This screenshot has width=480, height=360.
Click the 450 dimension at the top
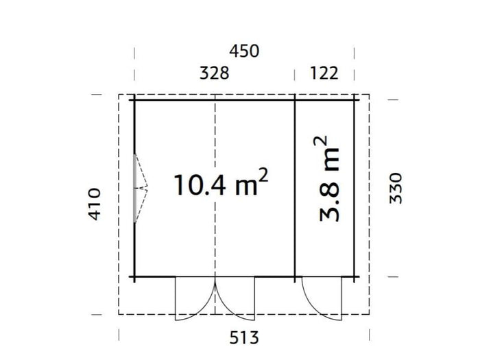pos(245,51)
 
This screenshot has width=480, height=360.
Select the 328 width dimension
pos(214,73)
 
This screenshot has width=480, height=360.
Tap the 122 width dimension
pos(324,73)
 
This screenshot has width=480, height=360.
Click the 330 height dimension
pos(396,187)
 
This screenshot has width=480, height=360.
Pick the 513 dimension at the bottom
pos(245,337)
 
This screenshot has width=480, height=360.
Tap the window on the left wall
pos(139,187)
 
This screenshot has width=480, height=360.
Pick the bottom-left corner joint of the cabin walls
pos(134,277)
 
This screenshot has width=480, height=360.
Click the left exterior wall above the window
pos(134,127)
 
